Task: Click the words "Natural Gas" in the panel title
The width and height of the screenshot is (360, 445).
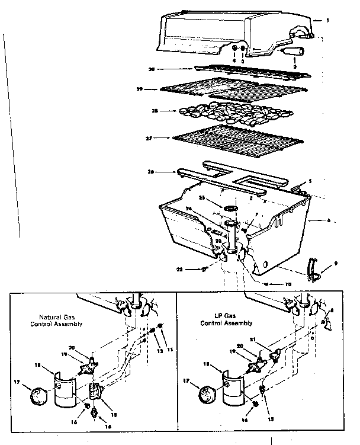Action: pyautogui.click(x=55, y=317)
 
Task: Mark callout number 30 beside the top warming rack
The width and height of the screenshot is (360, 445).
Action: pyautogui.click(x=152, y=69)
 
